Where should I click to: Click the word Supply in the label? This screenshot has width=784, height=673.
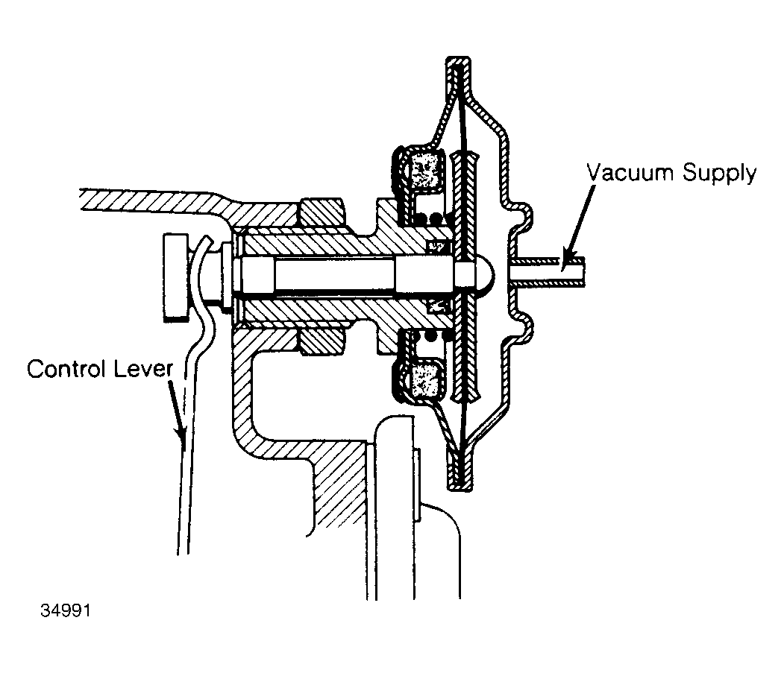(719, 174)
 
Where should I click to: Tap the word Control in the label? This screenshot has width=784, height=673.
(66, 369)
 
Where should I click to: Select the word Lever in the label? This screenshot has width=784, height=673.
(143, 369)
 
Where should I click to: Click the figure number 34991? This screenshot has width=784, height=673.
(66, 610)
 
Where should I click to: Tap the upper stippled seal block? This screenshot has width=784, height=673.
(425, 170)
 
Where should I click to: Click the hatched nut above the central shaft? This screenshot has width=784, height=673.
(322, 213)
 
